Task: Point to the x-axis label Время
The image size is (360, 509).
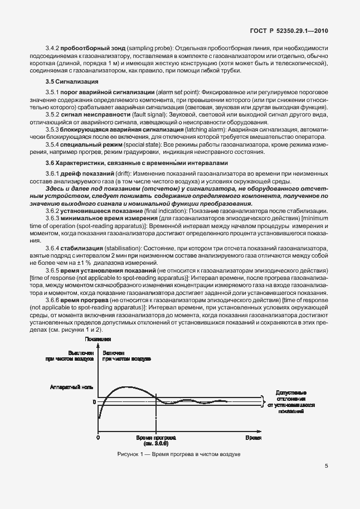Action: click(x=253, y=439)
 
